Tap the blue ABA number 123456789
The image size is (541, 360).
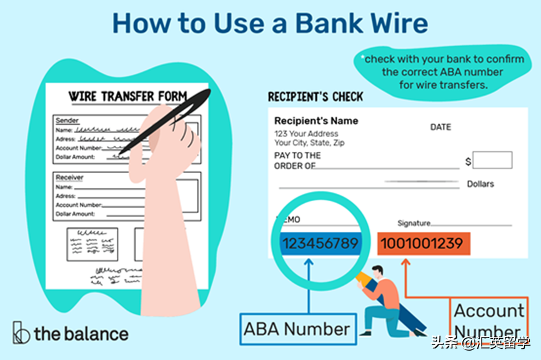(x=319, y=243)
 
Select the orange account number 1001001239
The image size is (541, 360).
(x=422, y=243)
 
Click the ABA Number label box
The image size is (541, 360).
(x=297, y=328)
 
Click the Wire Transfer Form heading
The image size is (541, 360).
(x=127, y=96)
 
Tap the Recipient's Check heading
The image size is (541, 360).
(x=315, y=97)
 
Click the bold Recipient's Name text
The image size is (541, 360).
(x=317, y=121)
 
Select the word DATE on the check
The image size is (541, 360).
(x=440, y=127)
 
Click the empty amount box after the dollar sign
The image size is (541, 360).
(x=492, y=160)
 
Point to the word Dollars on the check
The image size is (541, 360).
(x=480, y=184)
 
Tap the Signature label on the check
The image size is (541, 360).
(x=414, y=223)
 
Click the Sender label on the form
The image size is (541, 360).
(x=67, y=120)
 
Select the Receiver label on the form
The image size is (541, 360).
(x=69, y=177)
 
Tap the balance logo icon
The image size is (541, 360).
(x=21, y=332)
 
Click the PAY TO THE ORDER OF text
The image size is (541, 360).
(x=297, y=161)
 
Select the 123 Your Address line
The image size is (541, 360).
(x=306, y=133)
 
